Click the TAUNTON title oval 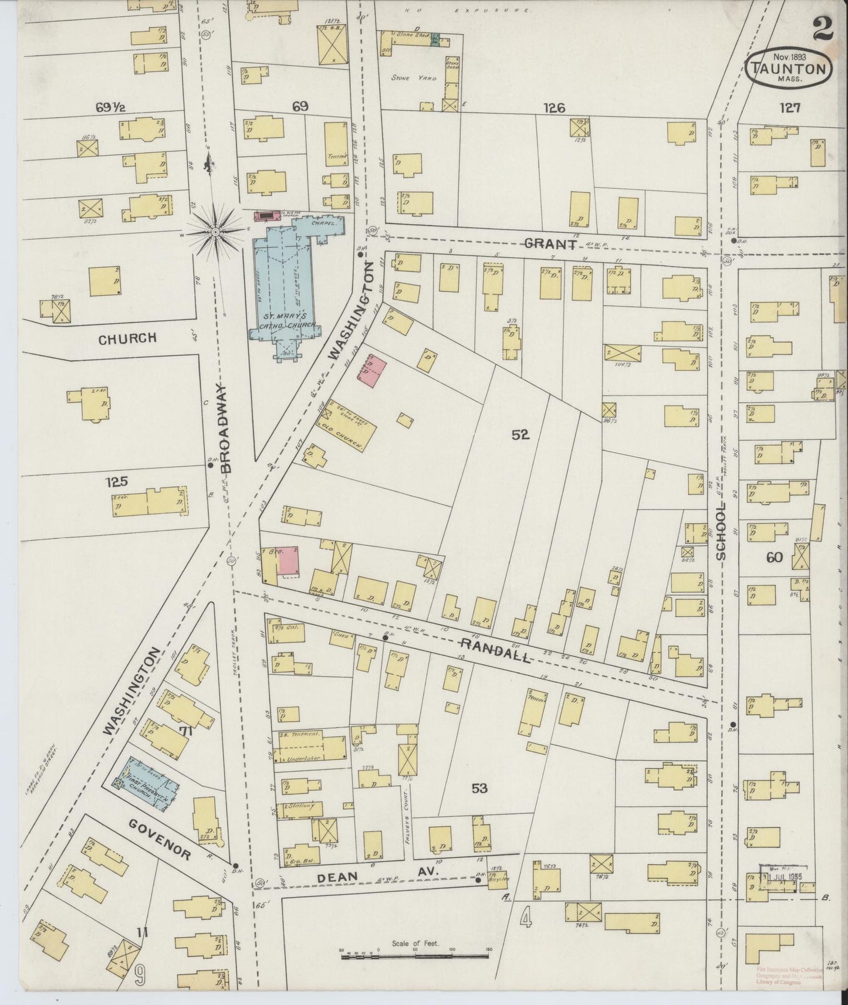790,68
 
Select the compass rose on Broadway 215,233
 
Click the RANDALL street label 496,650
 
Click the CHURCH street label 127,338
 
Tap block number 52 520,434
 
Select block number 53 479,789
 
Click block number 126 553,108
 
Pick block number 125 116,482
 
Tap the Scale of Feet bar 415,956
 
